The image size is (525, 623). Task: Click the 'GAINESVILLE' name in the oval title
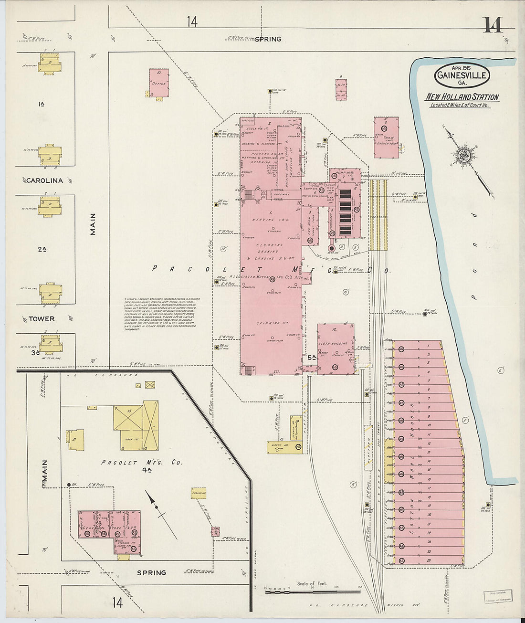pos(462,75)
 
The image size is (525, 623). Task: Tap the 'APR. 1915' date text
pos(461,67)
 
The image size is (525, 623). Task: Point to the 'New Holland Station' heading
pos(462,97)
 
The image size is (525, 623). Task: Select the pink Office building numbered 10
pos(158,83)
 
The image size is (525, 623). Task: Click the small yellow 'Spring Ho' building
pos(199,493)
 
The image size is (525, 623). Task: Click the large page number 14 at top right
pos(492,25)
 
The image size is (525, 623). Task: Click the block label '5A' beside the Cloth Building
pos(312,358)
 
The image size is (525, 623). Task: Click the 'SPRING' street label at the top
pos(268,39)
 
